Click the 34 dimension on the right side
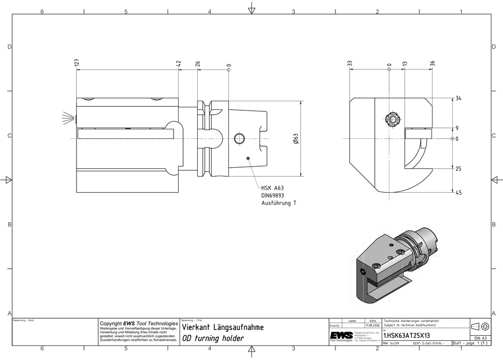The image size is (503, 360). tap(458, 98)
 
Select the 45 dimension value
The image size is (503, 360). tap(458, 192)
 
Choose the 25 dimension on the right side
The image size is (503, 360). tap(458, 169)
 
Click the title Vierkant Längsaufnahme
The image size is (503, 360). tap(222, 327)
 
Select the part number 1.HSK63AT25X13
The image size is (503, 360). tap(406, 335)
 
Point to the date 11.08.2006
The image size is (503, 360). tap(373, 326)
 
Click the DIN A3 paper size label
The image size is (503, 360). tap(479, 338)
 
